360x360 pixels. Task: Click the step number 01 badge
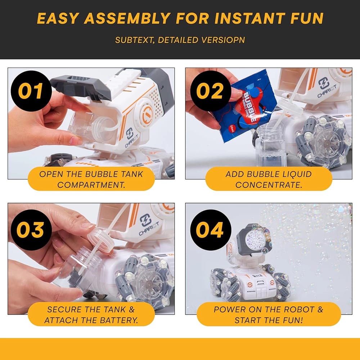[31, 91]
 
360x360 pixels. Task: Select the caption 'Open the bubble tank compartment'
[91, 180]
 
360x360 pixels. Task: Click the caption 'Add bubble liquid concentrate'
[269, 180]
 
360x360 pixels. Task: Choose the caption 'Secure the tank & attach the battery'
[91, 315]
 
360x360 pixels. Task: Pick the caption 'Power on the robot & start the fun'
[269, 315]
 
